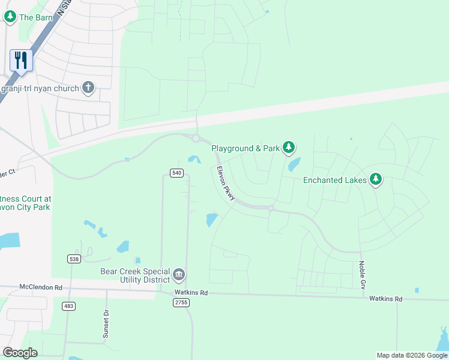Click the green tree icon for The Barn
(10, 17)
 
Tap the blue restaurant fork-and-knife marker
(21, 61)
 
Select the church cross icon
(88, 88)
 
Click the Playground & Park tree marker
(289, 148)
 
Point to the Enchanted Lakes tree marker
(376, 179)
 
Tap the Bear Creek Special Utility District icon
(179, 275)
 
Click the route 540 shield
(176, 173)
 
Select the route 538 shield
(74, 259)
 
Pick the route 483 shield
(68, 306)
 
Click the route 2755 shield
(181, 302)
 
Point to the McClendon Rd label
(40, 287)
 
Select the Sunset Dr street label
(106, 325)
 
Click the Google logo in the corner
(20, 353)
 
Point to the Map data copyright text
(411, 355)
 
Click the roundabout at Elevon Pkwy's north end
(196, 138)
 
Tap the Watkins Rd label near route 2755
(191, 293)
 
